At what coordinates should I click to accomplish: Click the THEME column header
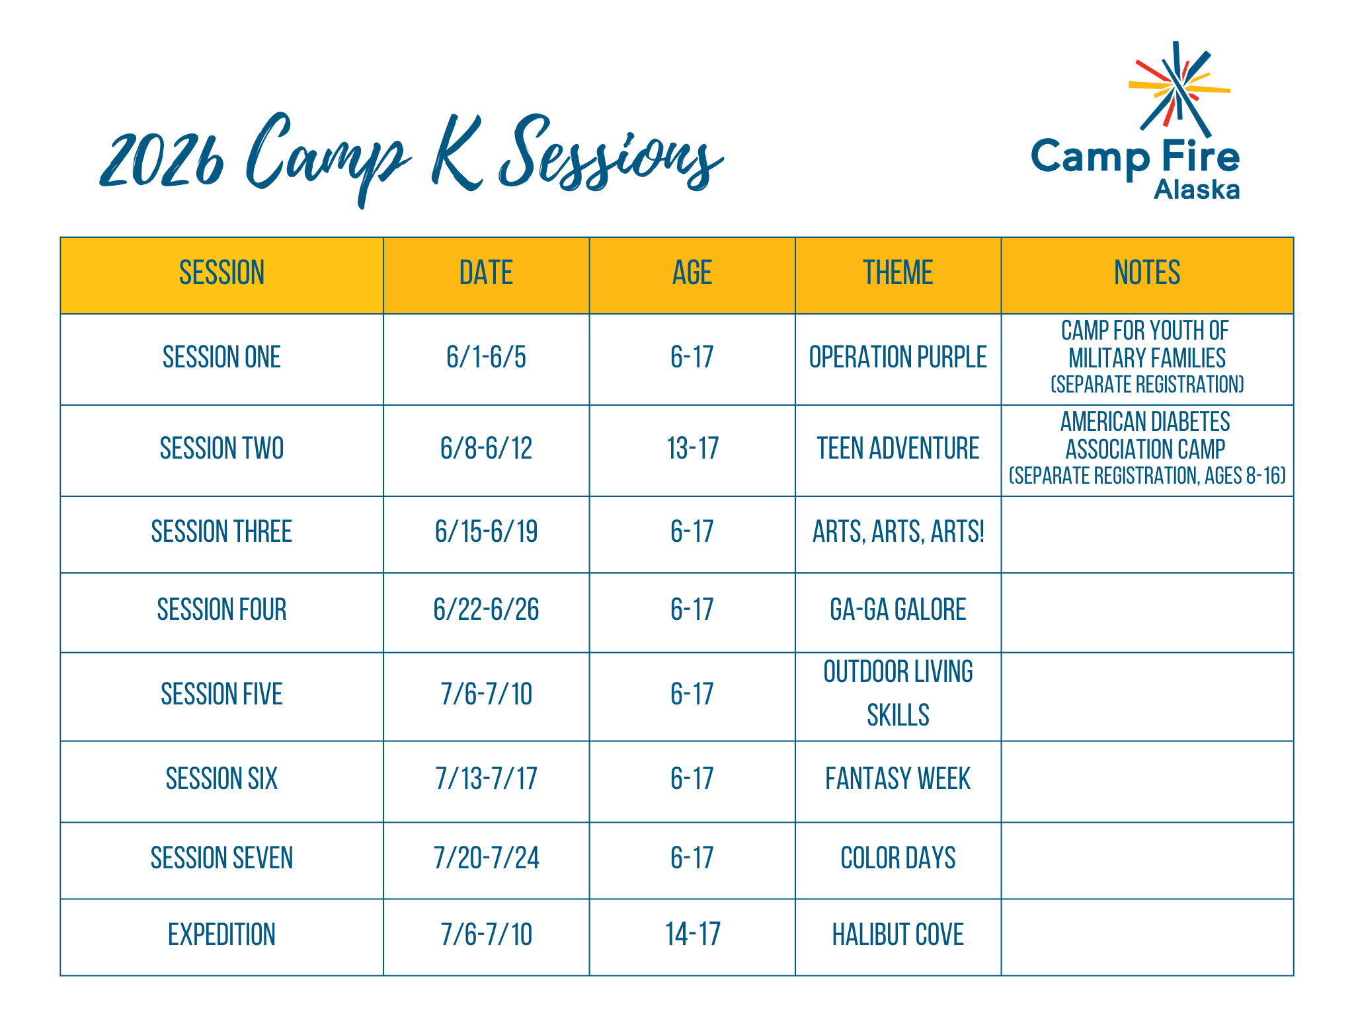pos(898,273)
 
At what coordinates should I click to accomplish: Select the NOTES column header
pos(1147,273)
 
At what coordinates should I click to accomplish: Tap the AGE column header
pos(692,273)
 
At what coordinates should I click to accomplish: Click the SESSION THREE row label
pos(221,532)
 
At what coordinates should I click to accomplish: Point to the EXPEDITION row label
pos(221,935)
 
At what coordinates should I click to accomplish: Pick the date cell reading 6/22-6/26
pos(486,609)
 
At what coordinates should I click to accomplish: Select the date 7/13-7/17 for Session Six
pos(486,778)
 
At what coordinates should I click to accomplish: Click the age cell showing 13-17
pos(692,449)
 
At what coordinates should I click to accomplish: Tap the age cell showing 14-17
pos(692,935)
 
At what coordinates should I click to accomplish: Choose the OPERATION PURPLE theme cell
pos(898,357)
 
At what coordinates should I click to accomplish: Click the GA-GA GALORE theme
pos(898,609)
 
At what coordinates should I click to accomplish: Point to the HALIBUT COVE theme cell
pos(898,935)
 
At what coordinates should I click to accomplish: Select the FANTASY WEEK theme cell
pos(898,778)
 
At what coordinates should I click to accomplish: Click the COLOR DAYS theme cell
pos(898,858)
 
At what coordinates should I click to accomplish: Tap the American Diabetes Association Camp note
pos(1147,449)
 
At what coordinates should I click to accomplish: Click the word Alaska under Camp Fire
pos(1197,190)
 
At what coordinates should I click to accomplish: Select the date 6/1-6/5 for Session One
pos(486,357)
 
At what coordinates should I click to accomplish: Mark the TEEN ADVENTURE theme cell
pos(898,449)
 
